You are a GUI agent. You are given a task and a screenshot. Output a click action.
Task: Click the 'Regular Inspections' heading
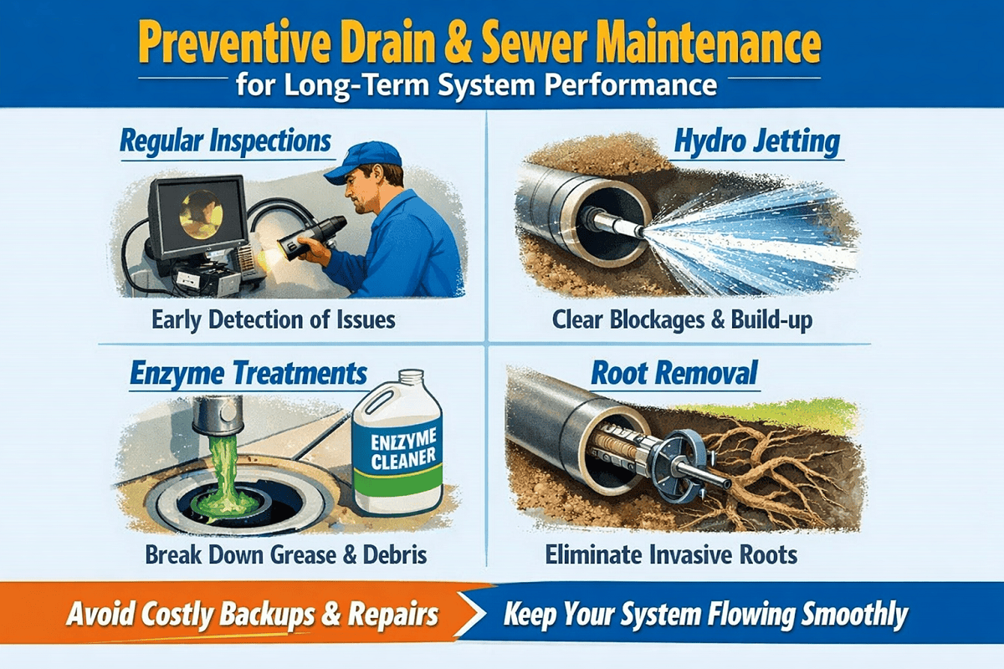tap(225, 141)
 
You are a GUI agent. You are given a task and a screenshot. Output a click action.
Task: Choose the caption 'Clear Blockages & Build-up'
tap(682, 319)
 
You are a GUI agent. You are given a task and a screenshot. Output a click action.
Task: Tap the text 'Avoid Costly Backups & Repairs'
tap(252, 615)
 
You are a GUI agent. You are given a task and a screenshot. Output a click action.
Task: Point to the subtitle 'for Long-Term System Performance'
tap(476, 86)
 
